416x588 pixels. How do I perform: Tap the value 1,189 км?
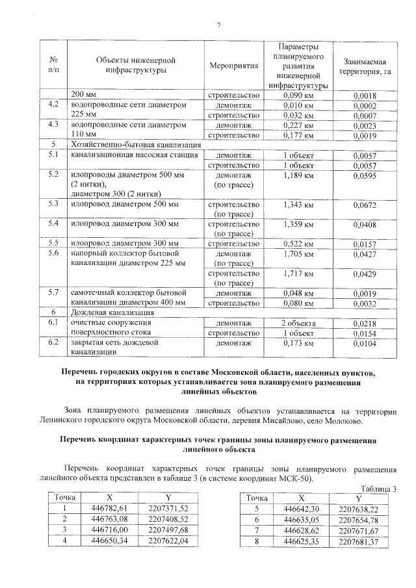[x=298, y=176]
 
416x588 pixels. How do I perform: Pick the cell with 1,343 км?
[x=298, y=205]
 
